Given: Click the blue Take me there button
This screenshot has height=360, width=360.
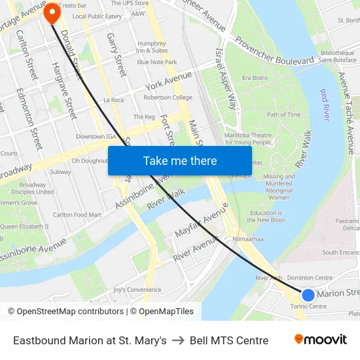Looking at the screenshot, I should [x=180, y=160].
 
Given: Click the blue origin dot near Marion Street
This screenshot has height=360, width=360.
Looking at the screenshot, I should [x=308, y=295].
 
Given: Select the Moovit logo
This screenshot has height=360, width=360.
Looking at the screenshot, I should [x=321, y=340].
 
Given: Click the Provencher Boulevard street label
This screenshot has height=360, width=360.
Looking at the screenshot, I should [x=275, y=50].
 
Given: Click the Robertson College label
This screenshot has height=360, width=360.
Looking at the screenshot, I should [x=168, y=98].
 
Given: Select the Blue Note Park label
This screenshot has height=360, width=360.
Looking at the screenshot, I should [x=157, y=62].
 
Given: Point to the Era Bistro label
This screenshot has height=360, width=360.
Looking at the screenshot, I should [x=255, y=78].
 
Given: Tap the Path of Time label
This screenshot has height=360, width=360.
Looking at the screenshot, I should [x=283, y=115].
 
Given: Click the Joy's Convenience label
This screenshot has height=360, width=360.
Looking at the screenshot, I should [x=137, y=289].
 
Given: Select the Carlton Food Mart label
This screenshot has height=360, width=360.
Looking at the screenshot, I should [x=77, y=215].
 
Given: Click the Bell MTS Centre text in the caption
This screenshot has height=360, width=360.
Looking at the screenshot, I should [x=229, y=340].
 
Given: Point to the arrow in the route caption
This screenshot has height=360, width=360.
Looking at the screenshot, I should [x=178, y=340].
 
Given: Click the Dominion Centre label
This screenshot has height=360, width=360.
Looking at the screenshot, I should [x=310, y=278].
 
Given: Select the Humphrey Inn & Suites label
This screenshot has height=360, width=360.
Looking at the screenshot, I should [x=152, y=47].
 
